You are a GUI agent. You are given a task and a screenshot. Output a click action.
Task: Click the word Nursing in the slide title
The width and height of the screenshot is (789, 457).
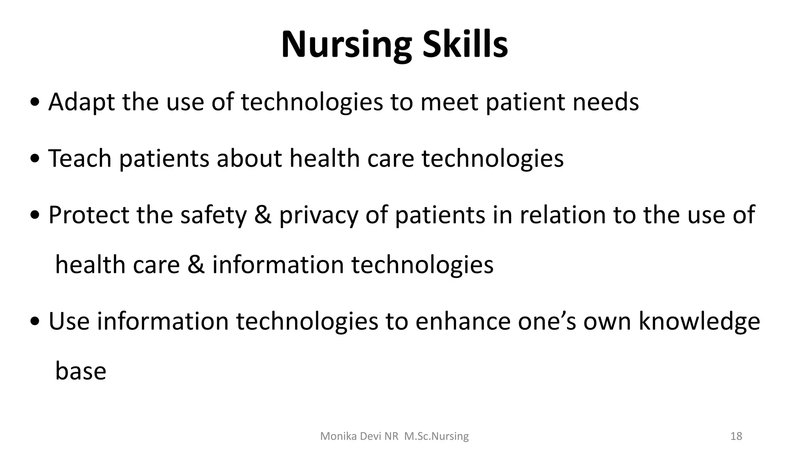pos(346,45)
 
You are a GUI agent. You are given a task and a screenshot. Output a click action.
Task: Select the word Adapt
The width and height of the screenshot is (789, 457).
pos(82,102)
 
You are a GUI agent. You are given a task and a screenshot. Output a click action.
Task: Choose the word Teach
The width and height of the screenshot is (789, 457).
pos(80,158)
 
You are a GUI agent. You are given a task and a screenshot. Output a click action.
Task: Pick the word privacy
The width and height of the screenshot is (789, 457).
pos(319,215)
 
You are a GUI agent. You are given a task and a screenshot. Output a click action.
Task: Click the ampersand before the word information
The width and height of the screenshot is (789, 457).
pos(196,265)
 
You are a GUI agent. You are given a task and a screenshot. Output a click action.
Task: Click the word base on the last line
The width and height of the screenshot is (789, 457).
pos(81,371)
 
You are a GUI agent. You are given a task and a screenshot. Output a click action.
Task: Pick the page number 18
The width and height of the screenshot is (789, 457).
pos(736,437)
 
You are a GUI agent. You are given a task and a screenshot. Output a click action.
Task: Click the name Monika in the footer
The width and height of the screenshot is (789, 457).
pos(335,437)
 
